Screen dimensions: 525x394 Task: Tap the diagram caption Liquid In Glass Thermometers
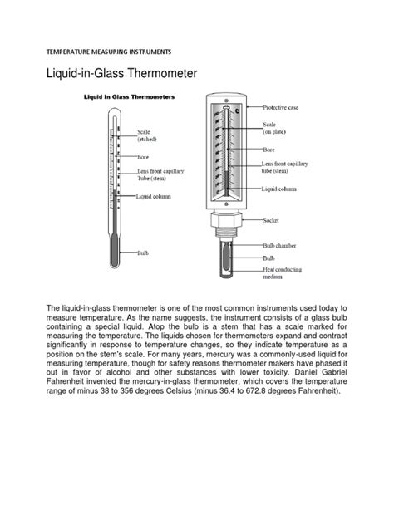(126, 97)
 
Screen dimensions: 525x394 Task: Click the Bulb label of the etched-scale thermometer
(145, 250)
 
